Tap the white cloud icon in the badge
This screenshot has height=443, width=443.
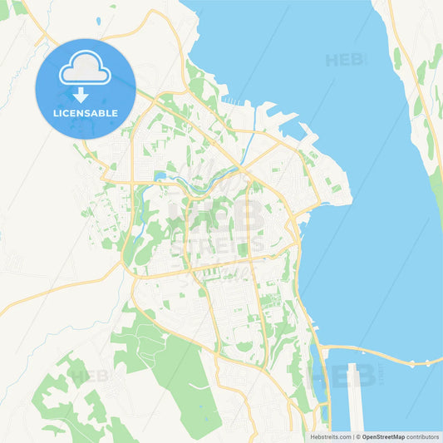pyautogui.click(x=84, y=69)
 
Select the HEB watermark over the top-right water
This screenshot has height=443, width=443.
pyautogui.click(x=344, y=60)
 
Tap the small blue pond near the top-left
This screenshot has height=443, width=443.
pyautogui.click(x=98, y=20)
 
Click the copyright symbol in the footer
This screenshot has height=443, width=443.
pyautogui.click(x=358, y=436)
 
